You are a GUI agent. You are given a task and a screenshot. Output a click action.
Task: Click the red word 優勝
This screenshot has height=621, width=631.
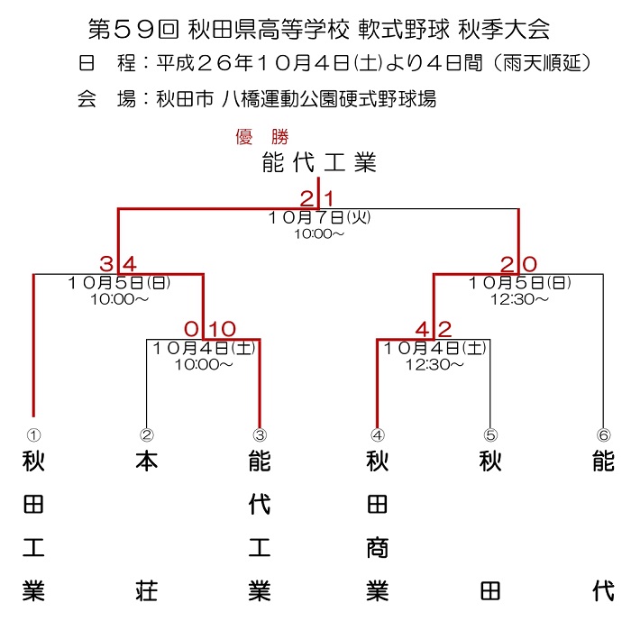pyautogui.click(x=262, y=137)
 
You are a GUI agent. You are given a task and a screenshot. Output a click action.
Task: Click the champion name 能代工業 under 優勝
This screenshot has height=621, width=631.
pyautogui.click(x=319, y=162)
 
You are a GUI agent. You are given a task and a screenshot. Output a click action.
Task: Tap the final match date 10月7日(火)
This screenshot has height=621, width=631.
pyautogui.click(x=319, y=218)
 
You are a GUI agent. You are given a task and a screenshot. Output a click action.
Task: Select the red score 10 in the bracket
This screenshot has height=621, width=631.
pyautogui.click(x=222, y=329)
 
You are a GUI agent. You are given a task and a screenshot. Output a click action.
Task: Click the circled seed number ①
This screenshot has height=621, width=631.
pyautogui.click(x=34, y=434)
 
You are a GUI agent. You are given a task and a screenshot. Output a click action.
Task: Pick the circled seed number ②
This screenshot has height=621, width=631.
pyautogui.click(x=147, y=434)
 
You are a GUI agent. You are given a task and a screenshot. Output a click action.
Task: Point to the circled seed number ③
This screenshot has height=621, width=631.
pyautogui.click(x=260, y=434)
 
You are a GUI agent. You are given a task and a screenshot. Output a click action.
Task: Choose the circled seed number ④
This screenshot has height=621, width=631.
pyautogui.click(x=378, y=434)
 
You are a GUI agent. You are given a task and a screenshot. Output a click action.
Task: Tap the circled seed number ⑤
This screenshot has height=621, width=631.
pyautogui.click(x=490, y=434)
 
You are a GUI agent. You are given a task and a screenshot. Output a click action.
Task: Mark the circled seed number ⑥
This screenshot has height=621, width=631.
pyautogui.click(x=604, y=434)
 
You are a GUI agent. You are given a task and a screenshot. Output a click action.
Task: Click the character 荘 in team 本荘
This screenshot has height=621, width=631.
pyautogui.click(x=146, y=590)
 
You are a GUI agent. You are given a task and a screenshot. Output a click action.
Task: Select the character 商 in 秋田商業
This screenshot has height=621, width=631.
pyautogui.click(x=378, y=547)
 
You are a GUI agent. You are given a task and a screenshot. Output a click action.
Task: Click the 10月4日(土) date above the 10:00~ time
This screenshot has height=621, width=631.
pyautogui.click(x=204, y=348)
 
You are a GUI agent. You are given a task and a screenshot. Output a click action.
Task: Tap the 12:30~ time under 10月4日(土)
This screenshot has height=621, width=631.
pyautogui.click(x=434, y=365)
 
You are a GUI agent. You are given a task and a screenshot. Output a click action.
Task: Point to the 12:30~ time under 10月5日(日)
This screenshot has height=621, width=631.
pyautogui.click(x=519, y=299)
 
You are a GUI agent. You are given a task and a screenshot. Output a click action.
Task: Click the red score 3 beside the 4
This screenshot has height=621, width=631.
pyautogui.click(x=106, y=264)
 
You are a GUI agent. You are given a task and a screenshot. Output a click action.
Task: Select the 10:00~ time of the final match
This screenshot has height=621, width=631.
pyautogui.click(x=319, y=233)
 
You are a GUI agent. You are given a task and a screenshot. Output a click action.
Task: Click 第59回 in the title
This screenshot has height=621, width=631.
pyautogui.click(x=133, y=30)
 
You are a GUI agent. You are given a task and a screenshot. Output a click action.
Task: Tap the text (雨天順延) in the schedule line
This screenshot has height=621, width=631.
pyautogui.click(x=542, y=63)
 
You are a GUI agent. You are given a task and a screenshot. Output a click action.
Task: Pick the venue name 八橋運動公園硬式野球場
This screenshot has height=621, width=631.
pyautogui.click(x=329, y=99)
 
